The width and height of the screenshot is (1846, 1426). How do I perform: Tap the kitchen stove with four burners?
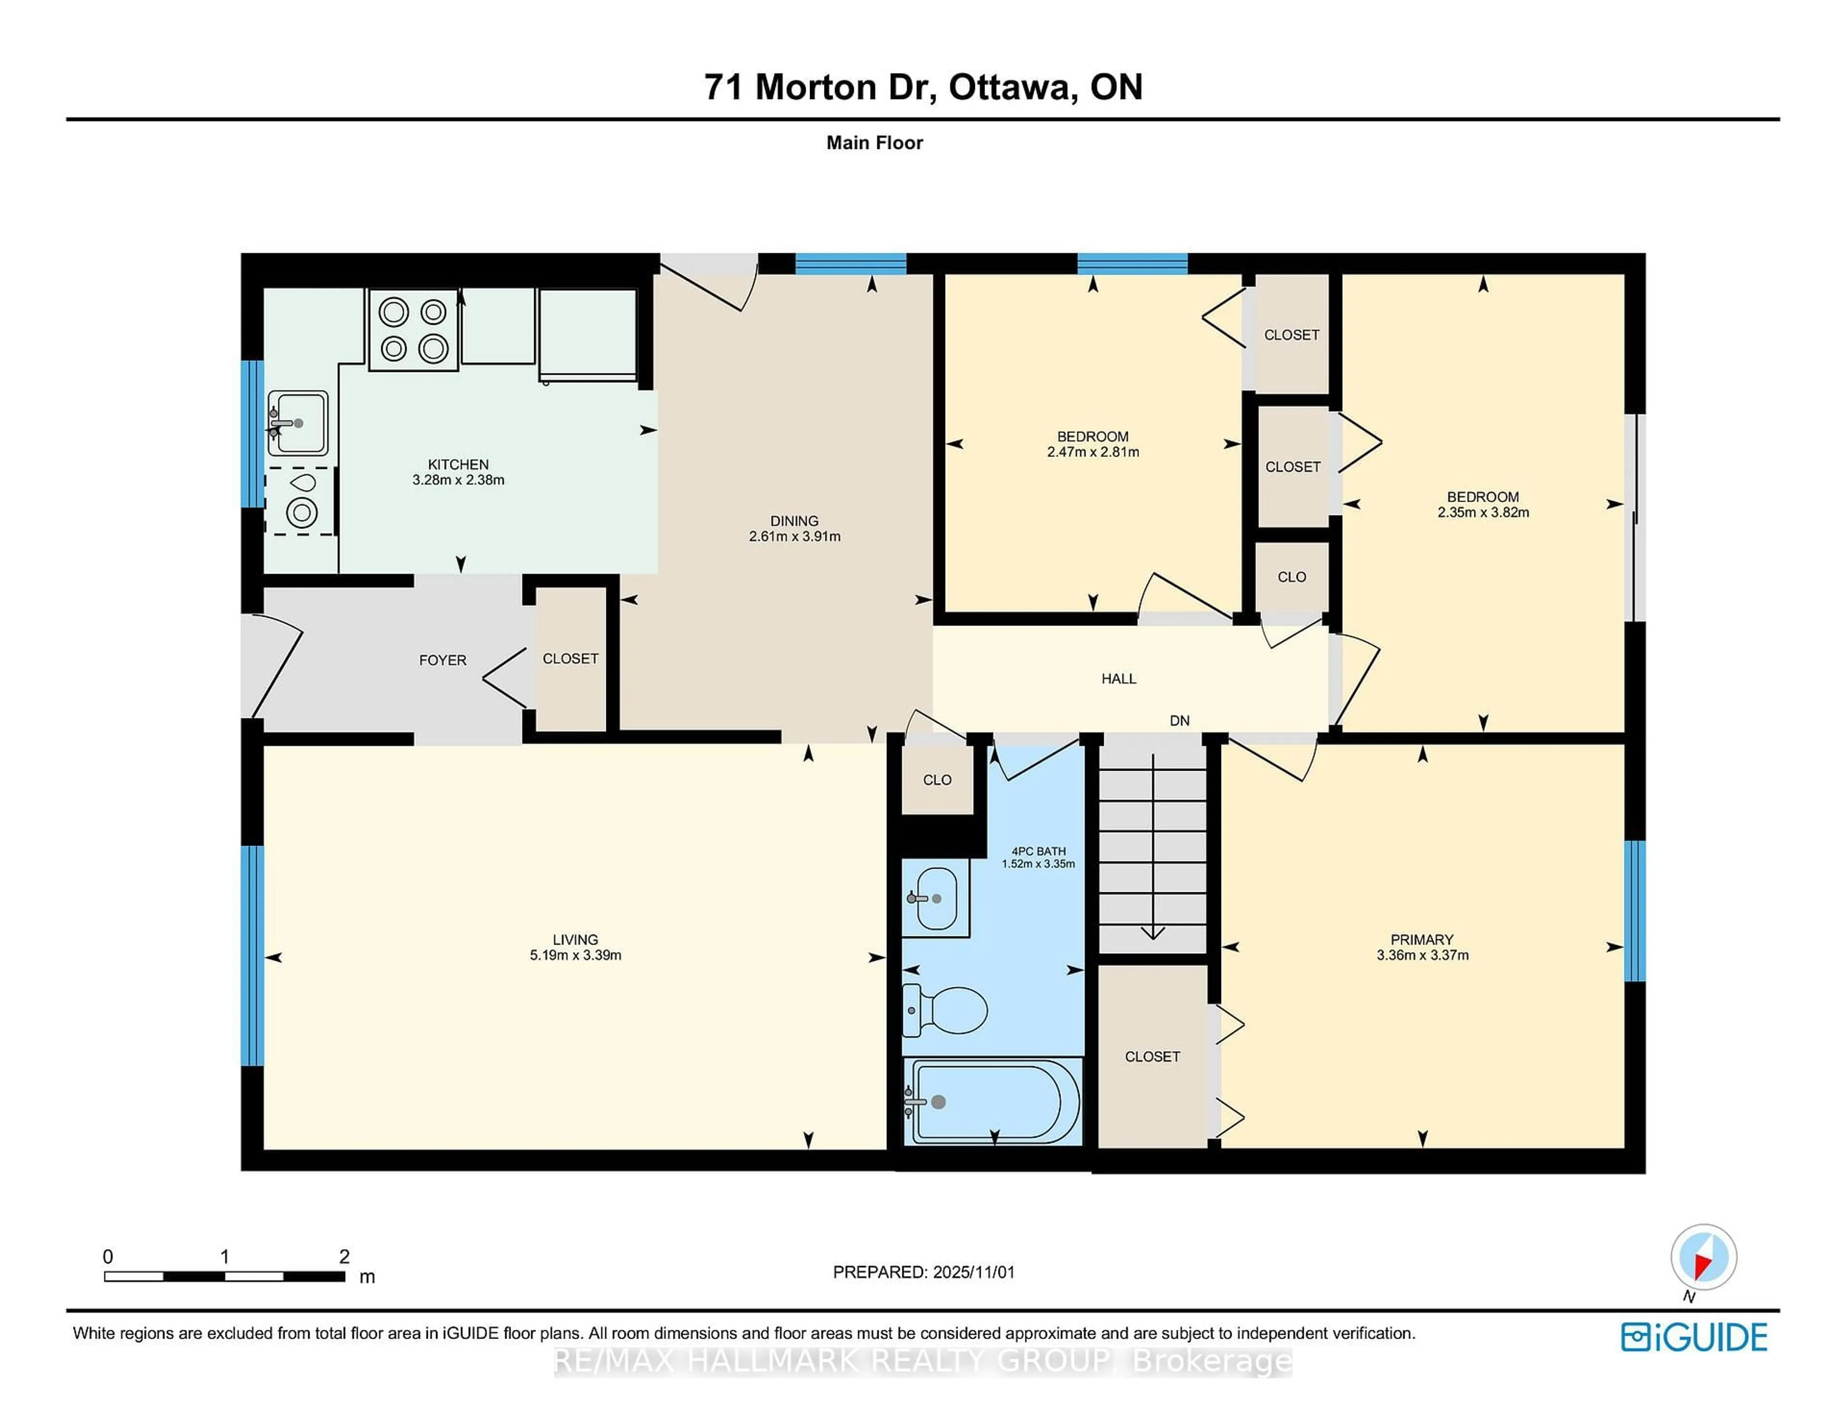[413, 330]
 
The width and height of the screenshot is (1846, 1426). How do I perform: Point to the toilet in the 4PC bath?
[947, 1009]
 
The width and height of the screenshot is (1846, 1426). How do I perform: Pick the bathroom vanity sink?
[935, 898]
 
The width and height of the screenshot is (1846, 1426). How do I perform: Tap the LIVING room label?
[575, 939]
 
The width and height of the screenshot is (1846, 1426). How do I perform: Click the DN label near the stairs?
[1179, 721]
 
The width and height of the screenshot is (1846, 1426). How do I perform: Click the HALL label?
[1118, 678]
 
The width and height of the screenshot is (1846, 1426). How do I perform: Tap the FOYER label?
[442, 660]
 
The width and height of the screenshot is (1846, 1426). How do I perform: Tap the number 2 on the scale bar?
[344, 1256]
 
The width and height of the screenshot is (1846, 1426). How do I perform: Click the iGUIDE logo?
[1694, 1337]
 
